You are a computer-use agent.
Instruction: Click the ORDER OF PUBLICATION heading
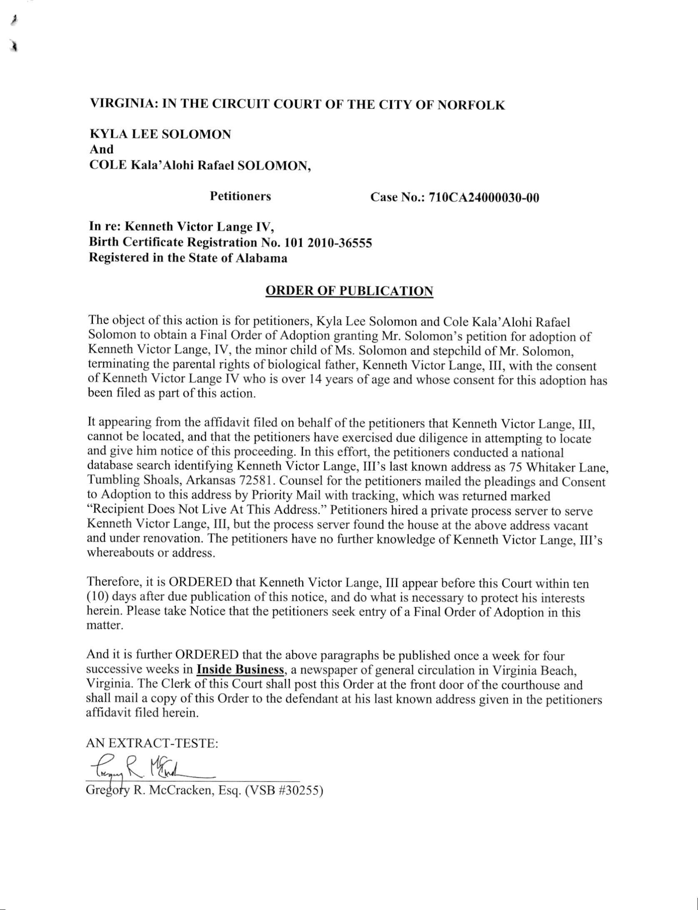coord(349,291)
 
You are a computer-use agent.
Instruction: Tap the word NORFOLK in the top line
coord(471,105)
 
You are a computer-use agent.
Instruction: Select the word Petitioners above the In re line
coord(240,196)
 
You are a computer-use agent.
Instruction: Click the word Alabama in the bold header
coord(262,258)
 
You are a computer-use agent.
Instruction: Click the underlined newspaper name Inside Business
coord(240,669)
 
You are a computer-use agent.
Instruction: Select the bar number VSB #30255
coord(284,790)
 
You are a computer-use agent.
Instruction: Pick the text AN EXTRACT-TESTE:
coord(152,743)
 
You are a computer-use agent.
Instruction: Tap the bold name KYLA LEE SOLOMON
coord(160,134)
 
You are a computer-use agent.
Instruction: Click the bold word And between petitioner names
coord(101,149)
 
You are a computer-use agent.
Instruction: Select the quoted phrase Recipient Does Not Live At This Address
coord(207,510)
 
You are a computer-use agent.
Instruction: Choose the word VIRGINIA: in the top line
coord(124,103)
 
